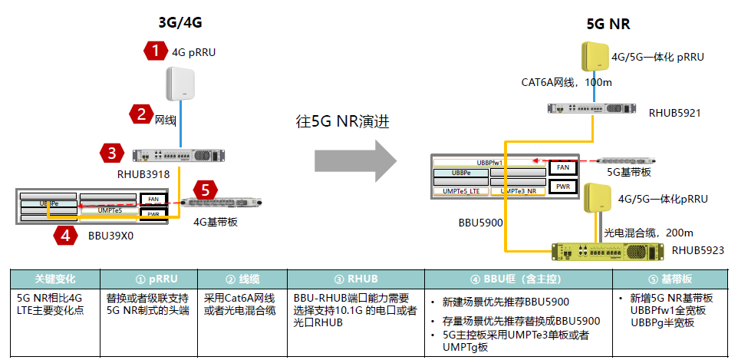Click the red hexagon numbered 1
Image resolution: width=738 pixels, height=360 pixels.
tap(156, 51)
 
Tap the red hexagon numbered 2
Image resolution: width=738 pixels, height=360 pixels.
tap(141, 115)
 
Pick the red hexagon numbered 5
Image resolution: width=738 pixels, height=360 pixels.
tap(203, 190)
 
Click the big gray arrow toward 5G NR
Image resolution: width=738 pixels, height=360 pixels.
tap(355, 161)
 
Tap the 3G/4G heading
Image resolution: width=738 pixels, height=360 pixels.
tap(180, 22)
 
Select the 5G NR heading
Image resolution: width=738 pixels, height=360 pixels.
tap(608, 24)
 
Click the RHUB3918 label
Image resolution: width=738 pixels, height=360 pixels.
tap(143, 175)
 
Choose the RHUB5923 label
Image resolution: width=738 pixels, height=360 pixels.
tap(697, 250)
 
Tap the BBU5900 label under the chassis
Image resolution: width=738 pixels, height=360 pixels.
tap(480, 223)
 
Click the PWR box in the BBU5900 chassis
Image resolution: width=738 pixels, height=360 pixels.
tap(562, 186)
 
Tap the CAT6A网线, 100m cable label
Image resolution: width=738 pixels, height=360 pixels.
tap(556, 82)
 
